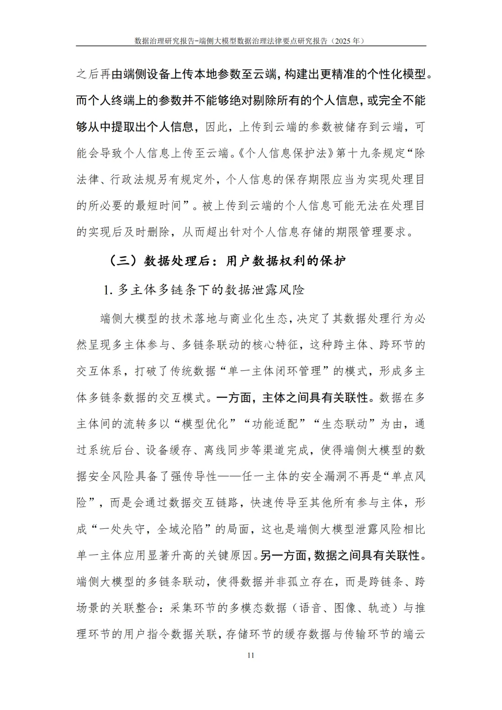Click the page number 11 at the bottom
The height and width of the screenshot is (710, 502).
point(251,656)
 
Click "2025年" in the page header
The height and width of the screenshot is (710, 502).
point(347,41)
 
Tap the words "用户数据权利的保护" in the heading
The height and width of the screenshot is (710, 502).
point(285,261)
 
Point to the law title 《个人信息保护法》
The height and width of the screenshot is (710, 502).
point(284,153)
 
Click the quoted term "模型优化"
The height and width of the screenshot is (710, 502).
point(205,424)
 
